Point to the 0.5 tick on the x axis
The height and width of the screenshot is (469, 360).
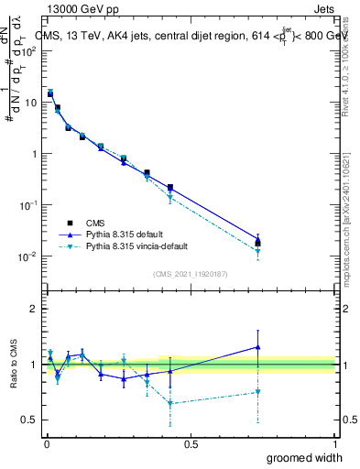click(x=191, y=443)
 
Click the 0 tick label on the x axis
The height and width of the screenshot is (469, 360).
click(x=47, y=443)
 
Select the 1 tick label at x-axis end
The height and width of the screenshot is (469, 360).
click(x=335, y=443)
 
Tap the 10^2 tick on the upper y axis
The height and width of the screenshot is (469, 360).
click(x=28, y=50)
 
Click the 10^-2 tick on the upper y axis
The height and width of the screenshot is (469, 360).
click(x=27, y=256)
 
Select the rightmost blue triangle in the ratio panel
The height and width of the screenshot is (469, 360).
click(x=258, y=347)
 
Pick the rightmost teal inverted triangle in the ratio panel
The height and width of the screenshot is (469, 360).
click(x=258, y=392)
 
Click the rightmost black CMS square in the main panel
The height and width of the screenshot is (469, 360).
click(x=258, y=243)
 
